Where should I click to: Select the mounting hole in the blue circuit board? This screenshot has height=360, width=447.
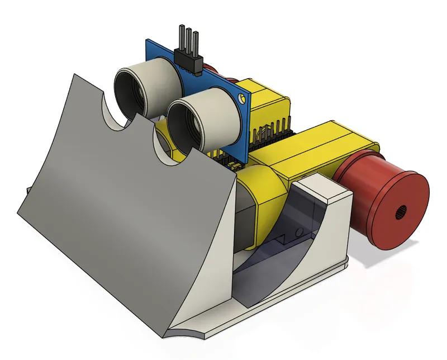241,99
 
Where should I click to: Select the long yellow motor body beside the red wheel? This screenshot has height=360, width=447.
324,151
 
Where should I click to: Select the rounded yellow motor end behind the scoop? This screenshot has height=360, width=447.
263,196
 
